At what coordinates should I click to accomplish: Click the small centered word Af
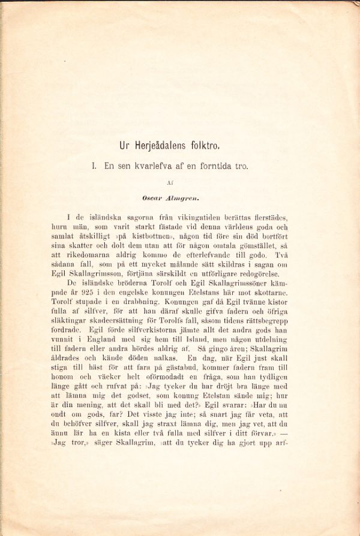pos(179,180)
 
